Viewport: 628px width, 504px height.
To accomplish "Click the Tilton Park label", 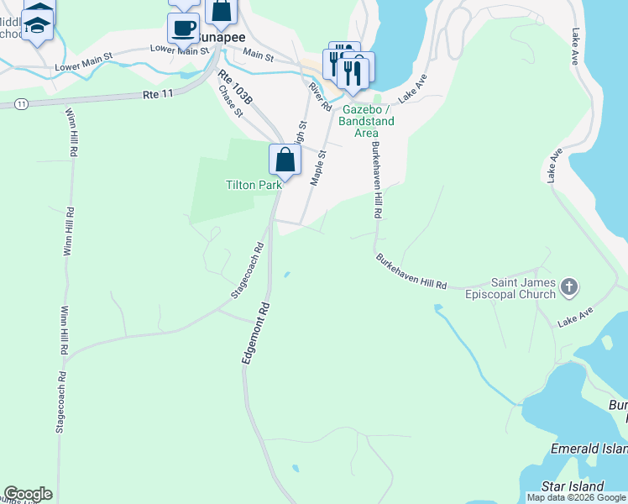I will [x=252, y=185].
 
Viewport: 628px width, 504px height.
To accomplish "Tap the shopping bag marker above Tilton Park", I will [x=285, y=160].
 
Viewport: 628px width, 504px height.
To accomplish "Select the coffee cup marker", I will [x=183, y=28].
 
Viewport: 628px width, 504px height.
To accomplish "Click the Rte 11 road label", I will [x=158, y=94].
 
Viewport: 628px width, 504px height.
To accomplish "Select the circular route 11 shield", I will [x=21, y=103].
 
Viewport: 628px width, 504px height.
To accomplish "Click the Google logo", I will [x=28, y=494].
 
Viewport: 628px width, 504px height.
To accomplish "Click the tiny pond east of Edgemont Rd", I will [x=287, y=274].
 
